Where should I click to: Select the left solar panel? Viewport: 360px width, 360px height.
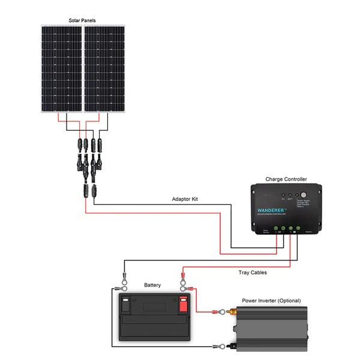click(61, 70)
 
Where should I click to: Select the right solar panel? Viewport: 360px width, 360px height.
click(105, 70)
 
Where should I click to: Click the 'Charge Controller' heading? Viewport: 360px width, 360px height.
click(286, 179)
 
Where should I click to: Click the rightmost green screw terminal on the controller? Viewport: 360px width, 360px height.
click(298, 228)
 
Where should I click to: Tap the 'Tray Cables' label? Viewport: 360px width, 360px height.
click(252, 272)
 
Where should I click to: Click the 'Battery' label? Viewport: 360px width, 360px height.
click(152, 285)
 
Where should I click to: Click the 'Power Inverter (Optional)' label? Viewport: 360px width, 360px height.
click(271, 300)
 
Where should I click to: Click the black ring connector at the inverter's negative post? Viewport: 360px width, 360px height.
click(224, 346)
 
